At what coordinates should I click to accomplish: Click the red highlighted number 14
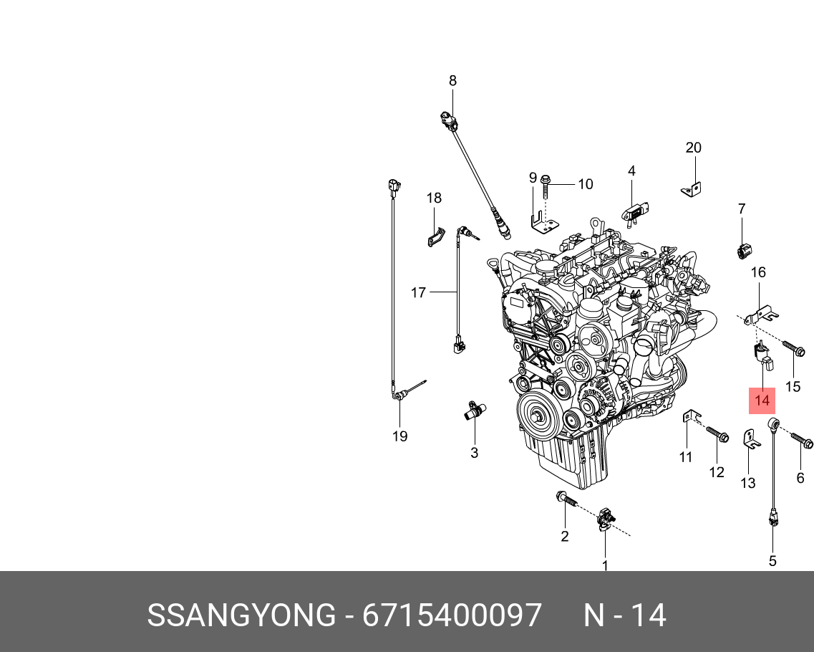point(762,401)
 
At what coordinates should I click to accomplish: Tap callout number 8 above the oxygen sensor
point(452,81)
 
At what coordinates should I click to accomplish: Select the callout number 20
point(693,148)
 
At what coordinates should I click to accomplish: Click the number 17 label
point(418,292)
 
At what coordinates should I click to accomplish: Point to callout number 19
point(399,436)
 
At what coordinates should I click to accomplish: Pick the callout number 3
point(474,453)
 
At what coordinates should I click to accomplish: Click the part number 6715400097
point(452,615)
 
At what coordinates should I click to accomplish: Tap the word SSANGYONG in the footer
point(241,615)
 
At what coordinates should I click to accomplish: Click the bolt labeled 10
point(546,188)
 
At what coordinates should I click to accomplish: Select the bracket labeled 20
point(692,189)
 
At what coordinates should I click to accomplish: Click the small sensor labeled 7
point(742,251)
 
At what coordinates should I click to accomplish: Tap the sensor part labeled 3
point(473,411)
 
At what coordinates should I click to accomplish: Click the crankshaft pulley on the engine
point(538,415)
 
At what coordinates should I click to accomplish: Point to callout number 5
point(772,561)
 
